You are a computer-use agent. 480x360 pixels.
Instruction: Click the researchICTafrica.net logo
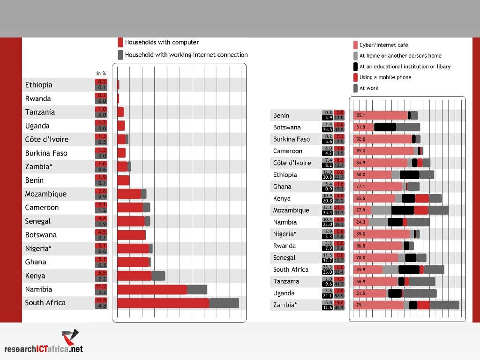click(44, 342)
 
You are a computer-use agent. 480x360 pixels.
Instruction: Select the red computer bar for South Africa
click(163, 303)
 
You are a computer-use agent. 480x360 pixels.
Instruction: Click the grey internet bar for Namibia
click(197, 290)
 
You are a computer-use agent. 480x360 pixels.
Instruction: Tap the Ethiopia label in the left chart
click(39, 85)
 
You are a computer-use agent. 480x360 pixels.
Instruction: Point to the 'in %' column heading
click(101, 73)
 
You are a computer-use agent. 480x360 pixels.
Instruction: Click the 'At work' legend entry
click(368, 88)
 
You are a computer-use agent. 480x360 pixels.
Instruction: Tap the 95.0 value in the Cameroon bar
click(361, 151)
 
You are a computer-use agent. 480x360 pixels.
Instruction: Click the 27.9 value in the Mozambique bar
click(361, 210)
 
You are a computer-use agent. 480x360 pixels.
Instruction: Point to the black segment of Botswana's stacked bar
click(385, 127)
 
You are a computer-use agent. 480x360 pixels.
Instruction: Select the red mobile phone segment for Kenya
click(422, 198)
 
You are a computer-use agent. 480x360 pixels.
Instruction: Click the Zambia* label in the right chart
click(285, 305)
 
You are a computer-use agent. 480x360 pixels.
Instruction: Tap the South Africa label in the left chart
click(45, 303)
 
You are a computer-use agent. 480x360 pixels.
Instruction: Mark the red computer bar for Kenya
click(134, 276)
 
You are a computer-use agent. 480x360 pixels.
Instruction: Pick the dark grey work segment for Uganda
click(420, 293)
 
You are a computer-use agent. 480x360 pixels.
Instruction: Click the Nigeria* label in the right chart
click(285, 234)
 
